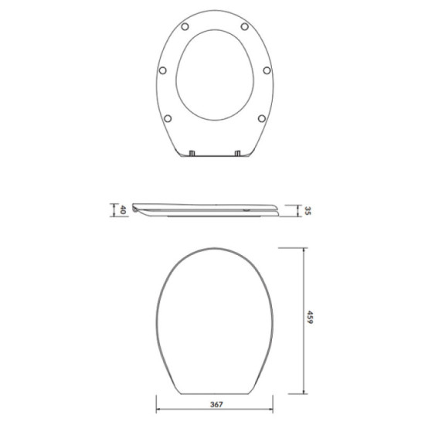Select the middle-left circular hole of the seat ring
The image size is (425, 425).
(x=161, y=70)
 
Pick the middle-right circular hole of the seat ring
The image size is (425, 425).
(x=267, y=70)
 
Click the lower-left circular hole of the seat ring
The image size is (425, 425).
(x=168, y=118)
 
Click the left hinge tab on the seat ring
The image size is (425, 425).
(x=191, y=152)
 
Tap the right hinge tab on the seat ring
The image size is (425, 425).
(x=238, y=152)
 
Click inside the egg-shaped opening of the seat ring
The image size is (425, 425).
(x=214, y=77)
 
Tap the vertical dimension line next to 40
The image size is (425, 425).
(x=114, y=210)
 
